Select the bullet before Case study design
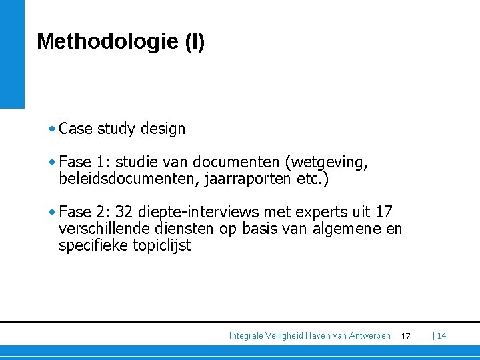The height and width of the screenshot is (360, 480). pyautogui.click(x=52, y=128)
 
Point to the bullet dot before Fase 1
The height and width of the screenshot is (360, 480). pyautogui.click(x=52, y=162)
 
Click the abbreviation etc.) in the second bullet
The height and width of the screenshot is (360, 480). pyautogui.click(x=313, y=179)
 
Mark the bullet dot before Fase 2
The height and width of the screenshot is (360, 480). pyautogui.click(x=52, y=212)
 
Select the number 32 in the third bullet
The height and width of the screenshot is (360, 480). pyautogui.click(x=124, y=212)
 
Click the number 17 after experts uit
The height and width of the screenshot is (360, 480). pyautogui.click(x=384, y=212)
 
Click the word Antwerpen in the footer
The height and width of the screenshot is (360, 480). pyautogui.click(x=369, y=335)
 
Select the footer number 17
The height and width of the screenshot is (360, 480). pyautogui.click(x=406, y=336)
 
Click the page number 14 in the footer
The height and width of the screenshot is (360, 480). pyautogui.click(x=441, y=335)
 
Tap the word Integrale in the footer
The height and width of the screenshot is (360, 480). pyautogui.click(x=247, y=335)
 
